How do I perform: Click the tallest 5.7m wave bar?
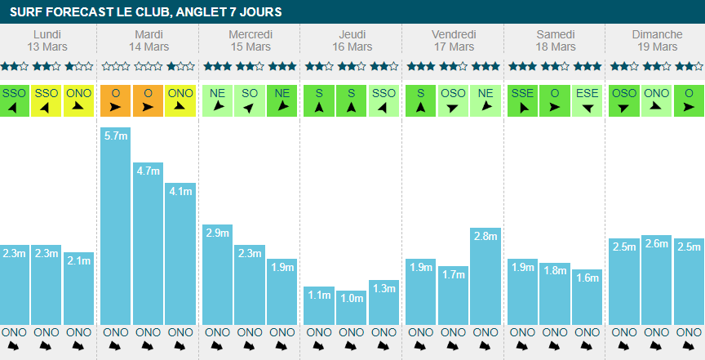pyautogui.click(x=116, y=229)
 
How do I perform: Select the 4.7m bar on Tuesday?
pyautogui.click(x=148, y=245)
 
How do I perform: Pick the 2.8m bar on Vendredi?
pyautogui.click(x=486, y=278)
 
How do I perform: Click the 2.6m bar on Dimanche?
pyautogui.click(x=656, y=282)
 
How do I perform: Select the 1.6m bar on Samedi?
pyautogui.click(x=587, y=298)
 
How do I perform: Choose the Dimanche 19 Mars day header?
pyautogui.click(x=657, y=40)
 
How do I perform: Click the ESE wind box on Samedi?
pyautogui.click(x=587, y=100)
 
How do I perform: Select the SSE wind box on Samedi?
pyautogui.click(x=523, y=100)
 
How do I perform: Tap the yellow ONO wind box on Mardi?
pyautogui.click(x=180, y=100)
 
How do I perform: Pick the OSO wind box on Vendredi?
pyautogui.click(x=453, y=100)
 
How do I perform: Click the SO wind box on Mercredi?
pyautogui.click(x=250, y=100)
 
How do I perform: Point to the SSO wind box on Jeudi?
pyautogui.click(x=384, y=100)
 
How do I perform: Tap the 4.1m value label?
pyautogui.click(x=180, y=192)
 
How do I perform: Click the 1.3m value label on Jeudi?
pyautogui.click(x=384, y=288)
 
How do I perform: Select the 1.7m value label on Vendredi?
pyautogui.click(x=453, y=273)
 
